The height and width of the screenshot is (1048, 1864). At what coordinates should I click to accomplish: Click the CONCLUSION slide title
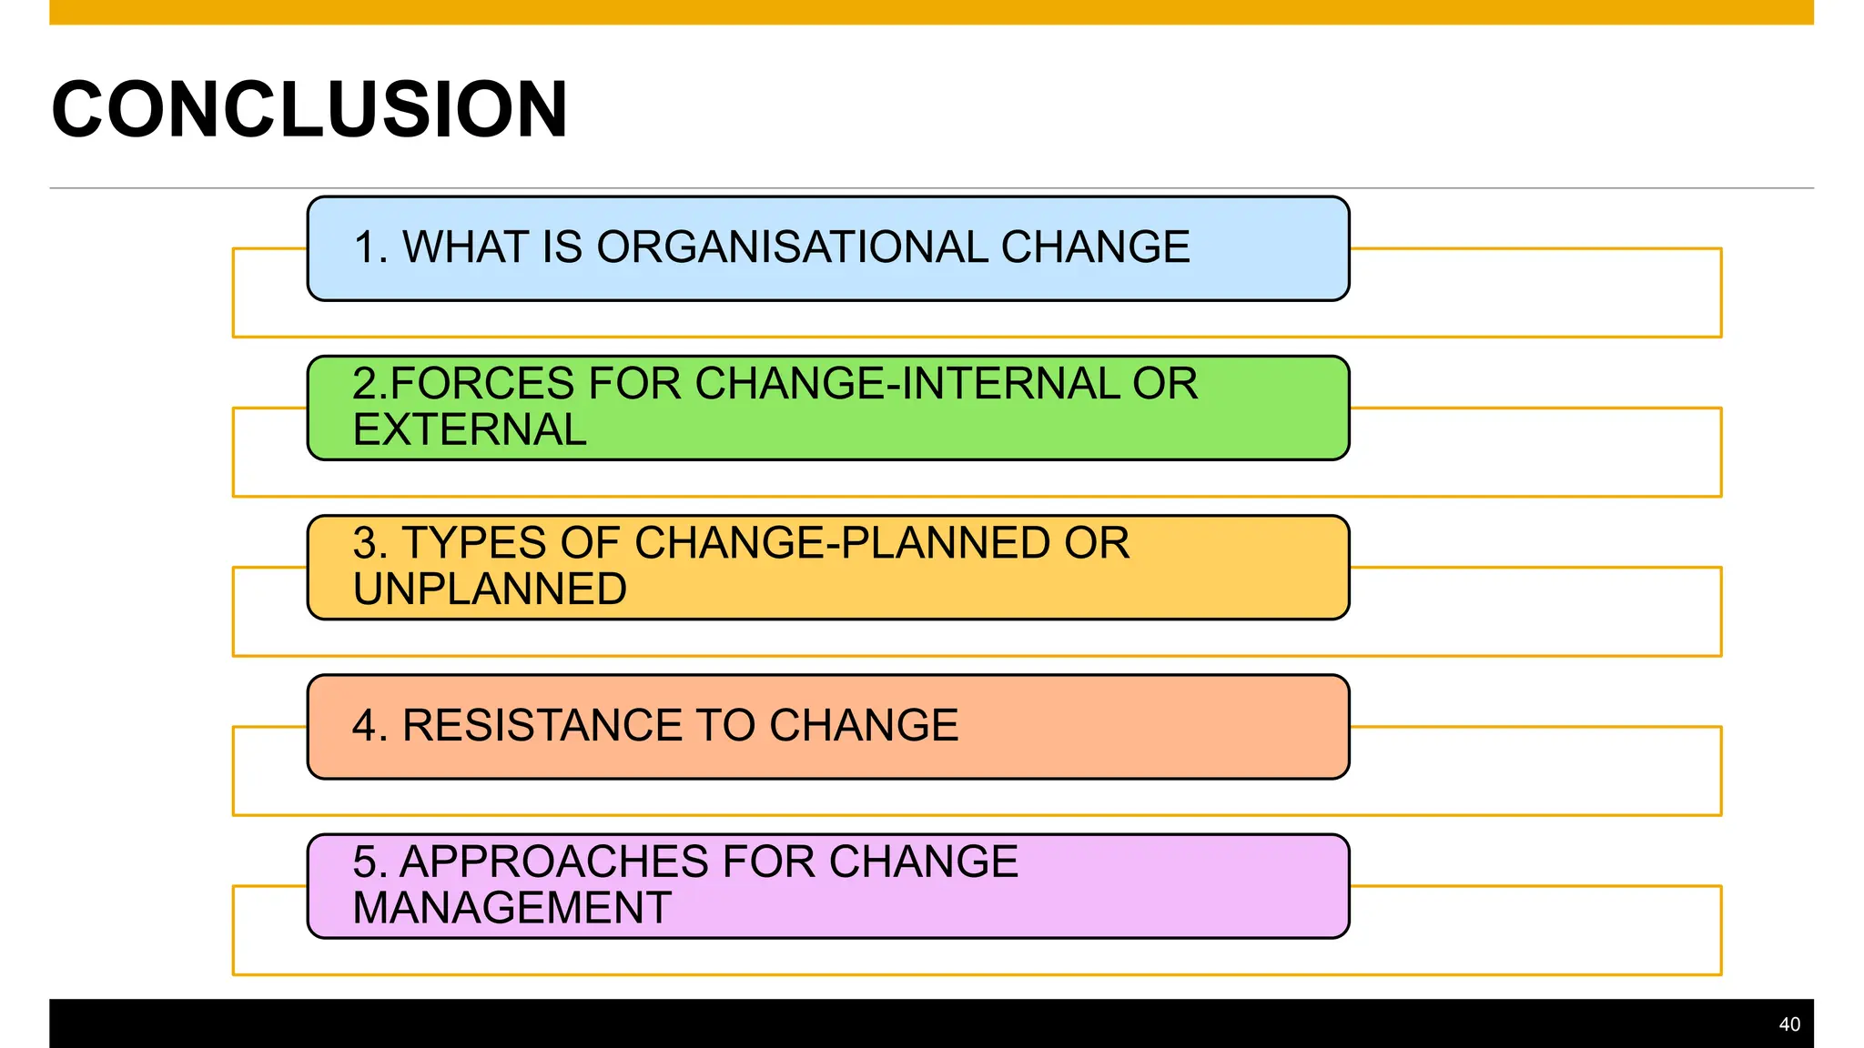[x=309, y=110]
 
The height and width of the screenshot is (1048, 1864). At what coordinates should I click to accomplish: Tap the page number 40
[x=1788, y=1024]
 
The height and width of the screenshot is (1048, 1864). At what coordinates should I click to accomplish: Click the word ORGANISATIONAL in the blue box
[x=792, y=247]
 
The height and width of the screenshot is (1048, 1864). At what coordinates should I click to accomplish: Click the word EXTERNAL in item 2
[x=470, y=430]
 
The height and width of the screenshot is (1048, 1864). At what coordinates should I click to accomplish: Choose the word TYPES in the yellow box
[x=474, y=543]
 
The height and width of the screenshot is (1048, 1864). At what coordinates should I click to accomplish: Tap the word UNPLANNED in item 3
[x=490, y=589]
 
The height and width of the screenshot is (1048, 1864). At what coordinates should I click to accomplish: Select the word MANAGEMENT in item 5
[x=512, y=908]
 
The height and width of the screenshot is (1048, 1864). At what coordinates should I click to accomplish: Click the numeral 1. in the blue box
[x=370, y=247]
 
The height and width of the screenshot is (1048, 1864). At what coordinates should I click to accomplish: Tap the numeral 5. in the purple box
[x=370, y=862]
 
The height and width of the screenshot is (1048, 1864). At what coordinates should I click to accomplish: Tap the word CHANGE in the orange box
[x=864, y=726]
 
